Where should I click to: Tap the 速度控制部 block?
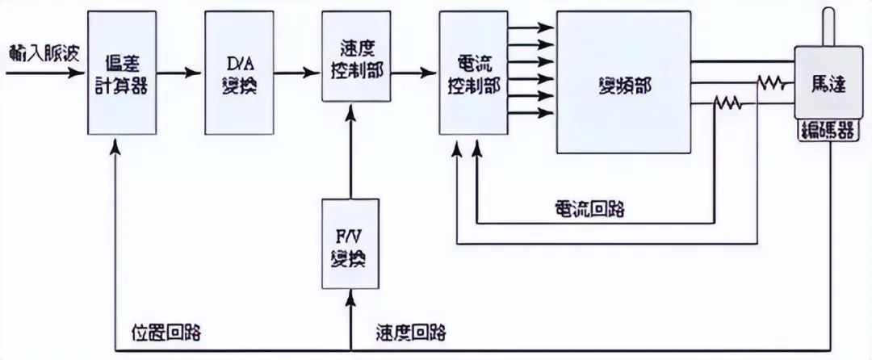click(x=352, y=57)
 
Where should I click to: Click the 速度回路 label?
click(x=410, y=332)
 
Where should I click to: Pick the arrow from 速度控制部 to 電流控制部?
click(x=410, y=73)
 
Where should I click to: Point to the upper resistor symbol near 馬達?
click(x=772, y=82)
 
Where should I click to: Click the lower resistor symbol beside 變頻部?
click(x=728, y=103)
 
